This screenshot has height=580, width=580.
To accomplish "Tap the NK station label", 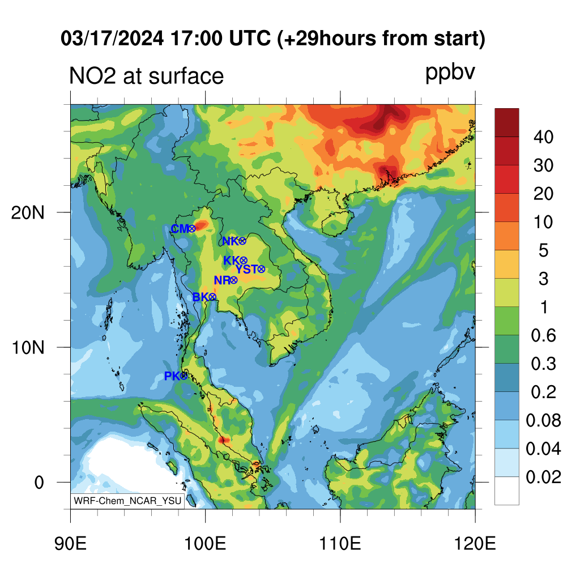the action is pyautogui.click(x=231, y=241).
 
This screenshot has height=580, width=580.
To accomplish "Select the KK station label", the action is pyautogui.click(x=232, y=261).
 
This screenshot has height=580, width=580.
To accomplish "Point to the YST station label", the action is pyautogui.click(x=247, y=269).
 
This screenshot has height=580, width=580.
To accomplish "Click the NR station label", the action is pyautogui.click(x=222, y=280).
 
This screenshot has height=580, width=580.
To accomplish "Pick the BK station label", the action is pyautogui.click(x=201, y=297).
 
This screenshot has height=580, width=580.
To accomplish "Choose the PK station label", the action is pyautogui.click(x=172, y=376).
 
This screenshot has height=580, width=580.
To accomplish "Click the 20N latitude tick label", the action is pyautogui.click(x=28, y=213).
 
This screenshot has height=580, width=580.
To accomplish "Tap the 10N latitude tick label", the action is pyautogui.click(x=28, y=348).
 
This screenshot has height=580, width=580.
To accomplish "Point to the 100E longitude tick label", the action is pyautogui.click(x=205, y=544).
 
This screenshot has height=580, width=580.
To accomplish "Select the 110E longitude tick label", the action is pyautogui.click(x=340, y=544).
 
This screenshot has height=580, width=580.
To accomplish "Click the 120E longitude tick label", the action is pyautogui.click(x=475, y=544).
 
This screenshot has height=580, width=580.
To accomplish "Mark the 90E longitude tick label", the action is pyautogui.click(x=70, y=544).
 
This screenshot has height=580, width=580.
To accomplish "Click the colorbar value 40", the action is pyautogui.click(x=543, y=137).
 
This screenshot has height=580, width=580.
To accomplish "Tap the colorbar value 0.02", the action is pyautogui.click(x=543, y=477).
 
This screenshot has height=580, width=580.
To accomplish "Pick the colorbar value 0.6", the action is pyautogui.click(x=543, y=335).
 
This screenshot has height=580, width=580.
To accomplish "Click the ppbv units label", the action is pyautogui.click(x=450, y=73).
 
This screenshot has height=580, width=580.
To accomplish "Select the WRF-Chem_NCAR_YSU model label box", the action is pyautogui.click(x=127, y=501).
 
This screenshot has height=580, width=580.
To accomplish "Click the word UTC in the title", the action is pyautogui.click(x=250, y=38).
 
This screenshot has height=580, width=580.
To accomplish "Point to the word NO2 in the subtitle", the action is pyautogui.click(x=92, y=76).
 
